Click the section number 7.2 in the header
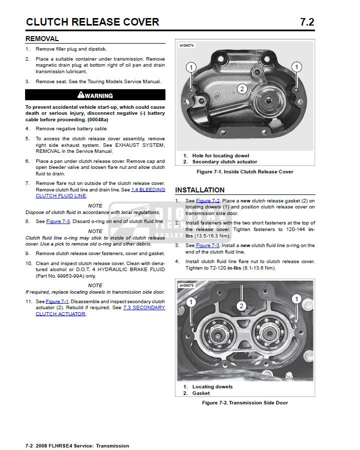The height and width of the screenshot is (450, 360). (x=306, y=22)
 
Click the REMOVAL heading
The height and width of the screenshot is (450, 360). (x=42, y=39)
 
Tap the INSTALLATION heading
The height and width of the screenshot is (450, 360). (x=200, y=190)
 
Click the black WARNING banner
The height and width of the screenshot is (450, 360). (x=95, y=95)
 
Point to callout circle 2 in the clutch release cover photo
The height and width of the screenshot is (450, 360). (x=242, y=89)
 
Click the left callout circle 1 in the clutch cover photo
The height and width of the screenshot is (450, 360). (x=191, y=67)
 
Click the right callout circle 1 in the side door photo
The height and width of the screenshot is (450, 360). (x=296, y=299)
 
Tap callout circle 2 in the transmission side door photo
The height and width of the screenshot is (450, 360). (x=241, y=305)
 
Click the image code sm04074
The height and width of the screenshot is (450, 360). (x=187, y=45)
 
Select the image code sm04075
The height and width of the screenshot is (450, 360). (x=187, y=286)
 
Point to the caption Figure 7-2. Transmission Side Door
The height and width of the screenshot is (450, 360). (x=245, y=403)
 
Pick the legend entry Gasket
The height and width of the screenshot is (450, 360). (x=201, y=393)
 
